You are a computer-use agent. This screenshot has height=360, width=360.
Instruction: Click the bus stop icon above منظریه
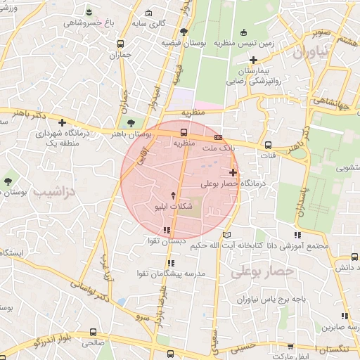click(x=184, y=132)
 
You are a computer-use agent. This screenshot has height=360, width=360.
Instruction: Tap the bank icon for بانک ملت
click(x=219, y=137)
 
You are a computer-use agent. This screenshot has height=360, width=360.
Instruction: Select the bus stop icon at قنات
click(x=267, y=146)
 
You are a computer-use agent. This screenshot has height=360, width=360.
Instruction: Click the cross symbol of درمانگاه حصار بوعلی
click(x=233, y=172)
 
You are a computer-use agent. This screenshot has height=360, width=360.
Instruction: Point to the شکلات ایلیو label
click(x=172, y=207)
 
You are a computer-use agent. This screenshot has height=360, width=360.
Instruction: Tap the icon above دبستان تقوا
click(x=167, y=230)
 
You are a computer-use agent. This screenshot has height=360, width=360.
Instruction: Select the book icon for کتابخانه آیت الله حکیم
click(x=226, y=234)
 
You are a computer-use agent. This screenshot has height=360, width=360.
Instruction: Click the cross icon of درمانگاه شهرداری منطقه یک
click(x=62, y=122)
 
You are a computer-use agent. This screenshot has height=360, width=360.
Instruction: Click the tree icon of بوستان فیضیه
click(x=184, y=32)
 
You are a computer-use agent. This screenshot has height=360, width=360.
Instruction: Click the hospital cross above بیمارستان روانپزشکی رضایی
click(x=253, y=60)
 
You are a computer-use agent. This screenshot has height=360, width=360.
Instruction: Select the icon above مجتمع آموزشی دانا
click(x=297, y=234)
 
